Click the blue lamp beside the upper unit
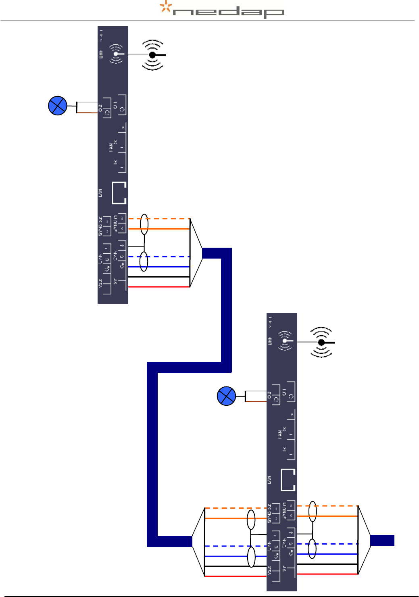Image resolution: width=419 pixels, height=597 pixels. (58, 106)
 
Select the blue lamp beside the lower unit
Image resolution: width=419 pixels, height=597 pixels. (226, 396)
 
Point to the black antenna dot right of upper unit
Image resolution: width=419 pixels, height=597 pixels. (152, 55)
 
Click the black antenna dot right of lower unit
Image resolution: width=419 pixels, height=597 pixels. (321, 342)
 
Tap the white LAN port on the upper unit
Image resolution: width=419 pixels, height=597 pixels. (119, 193)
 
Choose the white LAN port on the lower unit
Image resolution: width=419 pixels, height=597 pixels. (288, 480)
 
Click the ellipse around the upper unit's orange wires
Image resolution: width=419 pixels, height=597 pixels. (144, 224)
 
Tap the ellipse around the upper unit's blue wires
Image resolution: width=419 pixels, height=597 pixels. (144, 261)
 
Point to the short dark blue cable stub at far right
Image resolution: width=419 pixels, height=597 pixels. (382, 540)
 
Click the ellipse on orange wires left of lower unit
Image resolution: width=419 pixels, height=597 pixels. (251, 520)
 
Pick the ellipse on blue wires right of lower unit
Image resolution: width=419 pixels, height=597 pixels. (312, 549)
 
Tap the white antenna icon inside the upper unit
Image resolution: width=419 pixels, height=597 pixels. (116, 54)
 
